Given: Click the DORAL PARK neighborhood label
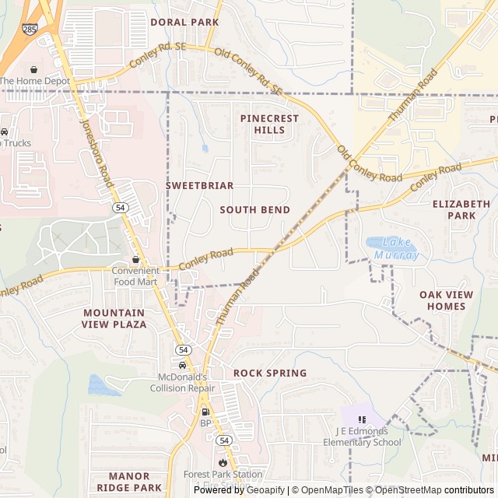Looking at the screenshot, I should [x=184, y=23].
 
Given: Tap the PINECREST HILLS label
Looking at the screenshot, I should [x=269, y=124].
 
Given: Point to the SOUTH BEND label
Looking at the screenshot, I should [x=254, y=210].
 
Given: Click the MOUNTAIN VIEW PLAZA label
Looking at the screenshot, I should [x=114, y=318].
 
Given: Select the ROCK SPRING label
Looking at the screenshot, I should [x=270, y=373].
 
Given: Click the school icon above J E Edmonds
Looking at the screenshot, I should [x=362, y=420].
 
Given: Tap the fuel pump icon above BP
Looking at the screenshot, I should [x=205, y=412].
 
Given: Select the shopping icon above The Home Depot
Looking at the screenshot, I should [x=33, y=68].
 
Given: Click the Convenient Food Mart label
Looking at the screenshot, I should [x=135, y=276].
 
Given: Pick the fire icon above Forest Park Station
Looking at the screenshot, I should [x=222, y=462].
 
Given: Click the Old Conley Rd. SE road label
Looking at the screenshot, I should [x=248, y=73].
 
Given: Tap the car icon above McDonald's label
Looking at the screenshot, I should [x=182, y=365].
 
